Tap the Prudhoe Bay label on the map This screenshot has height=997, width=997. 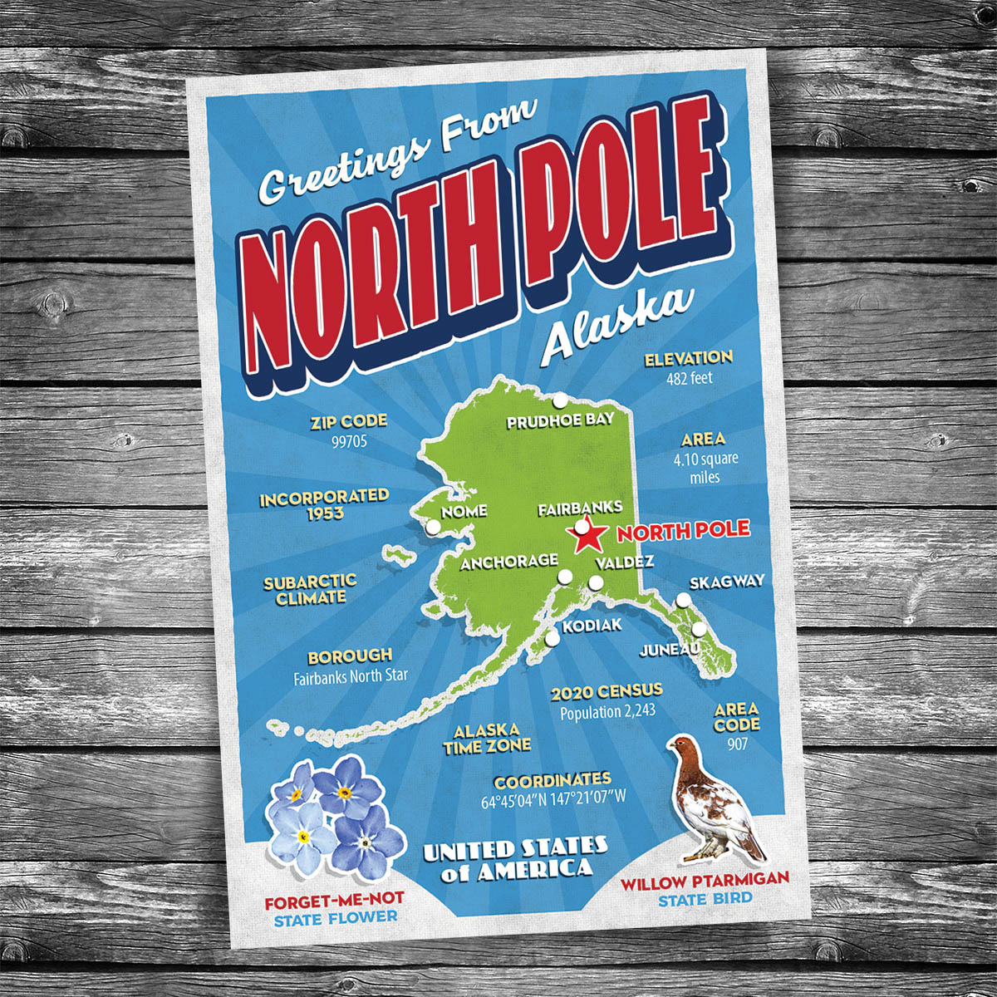click(560, 421)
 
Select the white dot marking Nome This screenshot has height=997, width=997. click(432, 527)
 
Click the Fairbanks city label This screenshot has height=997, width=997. click(579, 508)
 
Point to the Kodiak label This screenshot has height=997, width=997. click(592, 626)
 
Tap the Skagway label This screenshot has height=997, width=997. click(726, 582)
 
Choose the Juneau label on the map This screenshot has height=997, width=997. click(668, 650)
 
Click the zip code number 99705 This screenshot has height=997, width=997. click(349, 442)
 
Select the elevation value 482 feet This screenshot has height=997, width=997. click(689, 378)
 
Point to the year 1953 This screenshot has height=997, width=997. click(323, 513)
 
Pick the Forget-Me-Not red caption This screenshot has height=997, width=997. click(335, 900)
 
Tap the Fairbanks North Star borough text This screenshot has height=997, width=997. click(351, 676)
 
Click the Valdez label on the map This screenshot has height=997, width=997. click(624, 562)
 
